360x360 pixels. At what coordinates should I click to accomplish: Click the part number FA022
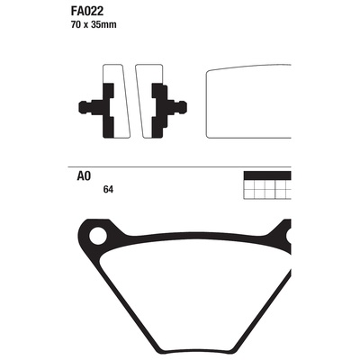pyautogui.click(x=87, y=12)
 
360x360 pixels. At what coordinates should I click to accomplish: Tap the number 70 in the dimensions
pyautogui.click(x=76, y=25)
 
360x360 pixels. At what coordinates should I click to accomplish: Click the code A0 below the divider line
pyautogui.click(x=84, y=176)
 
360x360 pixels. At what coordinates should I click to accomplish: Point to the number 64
pyautogui.click(x=108, y=190)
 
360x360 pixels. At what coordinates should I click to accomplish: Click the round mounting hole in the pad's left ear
pyautogui.click(x=98, y=236)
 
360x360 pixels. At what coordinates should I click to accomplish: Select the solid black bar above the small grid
pyautogui.click(x=267, y=175)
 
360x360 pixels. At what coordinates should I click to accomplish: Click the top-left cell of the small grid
pyautogui.click(x=249, y=184)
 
